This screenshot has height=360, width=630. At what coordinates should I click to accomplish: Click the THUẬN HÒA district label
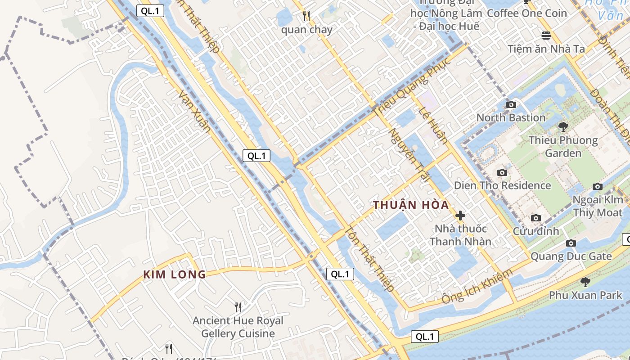[411, 205]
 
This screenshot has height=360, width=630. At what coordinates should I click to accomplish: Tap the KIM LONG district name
[175, 274]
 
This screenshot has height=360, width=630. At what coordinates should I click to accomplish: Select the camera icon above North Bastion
[511, 105]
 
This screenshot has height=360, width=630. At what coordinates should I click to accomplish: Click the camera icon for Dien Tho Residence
[502, 173]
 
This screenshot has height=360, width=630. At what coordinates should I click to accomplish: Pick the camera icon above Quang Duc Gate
[571, 243]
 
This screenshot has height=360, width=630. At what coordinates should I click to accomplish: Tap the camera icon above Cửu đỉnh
[535, 218]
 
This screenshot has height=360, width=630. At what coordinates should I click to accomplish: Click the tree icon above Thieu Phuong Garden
[562, 127]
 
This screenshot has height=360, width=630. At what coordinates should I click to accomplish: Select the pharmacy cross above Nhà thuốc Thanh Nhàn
[460, 216]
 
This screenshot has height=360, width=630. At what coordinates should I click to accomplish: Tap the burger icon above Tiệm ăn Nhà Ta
[546, 35]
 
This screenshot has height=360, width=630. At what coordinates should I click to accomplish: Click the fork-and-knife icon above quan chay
[306, 17]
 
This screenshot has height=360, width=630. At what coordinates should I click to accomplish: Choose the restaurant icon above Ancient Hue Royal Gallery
[238, 307]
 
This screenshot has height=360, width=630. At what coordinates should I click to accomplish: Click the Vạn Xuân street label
[195, 111]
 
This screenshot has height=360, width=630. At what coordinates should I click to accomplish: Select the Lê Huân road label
[433, 125]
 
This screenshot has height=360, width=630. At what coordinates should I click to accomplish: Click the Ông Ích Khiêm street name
[477, 287]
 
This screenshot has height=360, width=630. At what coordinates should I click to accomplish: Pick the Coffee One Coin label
[527, 13]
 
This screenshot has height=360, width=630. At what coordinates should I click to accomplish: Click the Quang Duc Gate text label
[571, 256]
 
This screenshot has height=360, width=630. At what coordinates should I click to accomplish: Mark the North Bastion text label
[511, 118]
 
